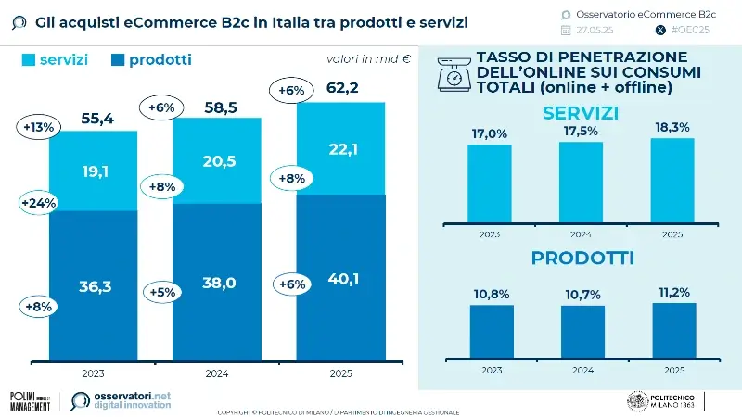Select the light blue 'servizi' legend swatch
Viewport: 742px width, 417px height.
pos(27,59)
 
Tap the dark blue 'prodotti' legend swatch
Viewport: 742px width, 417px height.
pos(116,59)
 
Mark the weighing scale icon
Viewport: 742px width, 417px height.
pos(454,73)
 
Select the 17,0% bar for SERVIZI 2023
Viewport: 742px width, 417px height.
pos(490,181)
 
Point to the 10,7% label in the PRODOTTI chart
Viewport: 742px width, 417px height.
pos(582,293)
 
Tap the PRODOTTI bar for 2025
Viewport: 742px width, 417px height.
pos(672,331)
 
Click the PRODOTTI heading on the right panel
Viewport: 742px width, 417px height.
pos(582,259)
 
